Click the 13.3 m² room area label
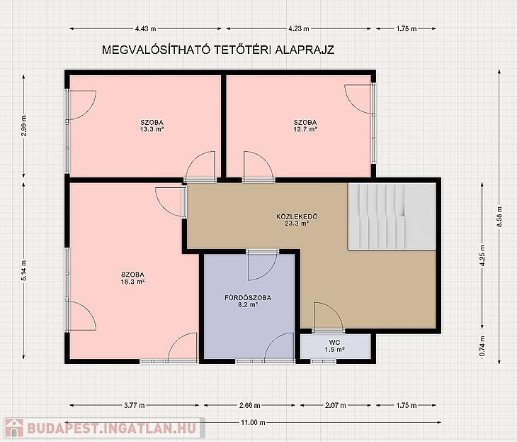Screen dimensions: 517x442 [x=152, y=129]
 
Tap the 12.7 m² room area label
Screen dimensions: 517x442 [x=305, y=129]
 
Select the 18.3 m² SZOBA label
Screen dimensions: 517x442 [x=133, y=278]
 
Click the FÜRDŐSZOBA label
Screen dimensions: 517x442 [x=248, y=298]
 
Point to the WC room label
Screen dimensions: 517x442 [x=335, y=342]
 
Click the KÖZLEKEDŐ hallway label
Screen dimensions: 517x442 [x=297, y=216]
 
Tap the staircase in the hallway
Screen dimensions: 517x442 [x=392, y=216]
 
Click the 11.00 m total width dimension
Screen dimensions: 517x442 [x=253, y=422]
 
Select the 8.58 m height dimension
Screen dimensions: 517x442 [x=499, y=216]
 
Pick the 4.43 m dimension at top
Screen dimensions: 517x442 [x=145, y=29]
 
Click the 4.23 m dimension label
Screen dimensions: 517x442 [x=299, y=29]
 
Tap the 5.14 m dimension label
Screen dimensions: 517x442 [x=23, y=270]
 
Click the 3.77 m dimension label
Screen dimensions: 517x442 [x=135, y=405]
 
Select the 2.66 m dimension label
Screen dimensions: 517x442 [x=249, y=405]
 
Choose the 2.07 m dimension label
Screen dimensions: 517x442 [x=336, y=405]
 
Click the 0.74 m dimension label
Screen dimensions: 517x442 [x=482, y=346]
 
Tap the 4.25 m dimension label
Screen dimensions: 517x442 [x=482, y=255]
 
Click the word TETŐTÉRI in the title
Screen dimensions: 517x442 [x=243, y=50]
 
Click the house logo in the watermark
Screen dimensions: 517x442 [x=14, y=428]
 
